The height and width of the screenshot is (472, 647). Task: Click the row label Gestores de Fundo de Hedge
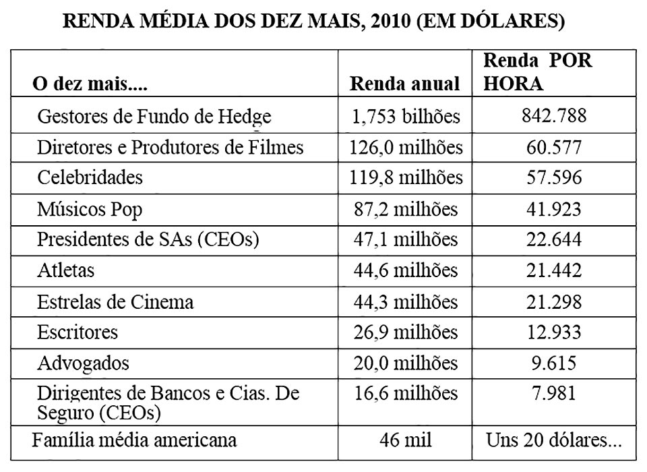point(154,117)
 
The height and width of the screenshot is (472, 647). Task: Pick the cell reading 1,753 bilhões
point(406,117)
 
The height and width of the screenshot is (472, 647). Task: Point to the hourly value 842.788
point(554,116)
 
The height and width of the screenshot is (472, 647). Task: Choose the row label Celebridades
point(90,177)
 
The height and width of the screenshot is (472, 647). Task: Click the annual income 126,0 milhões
point(406,147)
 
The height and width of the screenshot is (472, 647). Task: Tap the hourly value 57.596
point(554,177)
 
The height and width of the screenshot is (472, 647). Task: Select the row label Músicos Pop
point(90,209)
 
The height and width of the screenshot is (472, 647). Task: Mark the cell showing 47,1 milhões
point(406,240)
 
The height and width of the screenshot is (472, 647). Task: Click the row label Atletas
point(66,270)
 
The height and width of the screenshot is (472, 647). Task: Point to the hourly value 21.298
point(554,301)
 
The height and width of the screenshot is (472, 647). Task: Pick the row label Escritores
point(78,332)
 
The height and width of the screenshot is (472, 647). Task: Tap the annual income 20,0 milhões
point(406,363)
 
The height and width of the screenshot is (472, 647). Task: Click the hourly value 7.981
point(554,393)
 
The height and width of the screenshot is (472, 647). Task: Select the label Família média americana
point(135,440)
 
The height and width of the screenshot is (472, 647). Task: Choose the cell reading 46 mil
point(406,441)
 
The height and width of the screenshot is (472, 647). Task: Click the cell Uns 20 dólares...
point(554,441)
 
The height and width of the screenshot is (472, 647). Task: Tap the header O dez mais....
point(90,86)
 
